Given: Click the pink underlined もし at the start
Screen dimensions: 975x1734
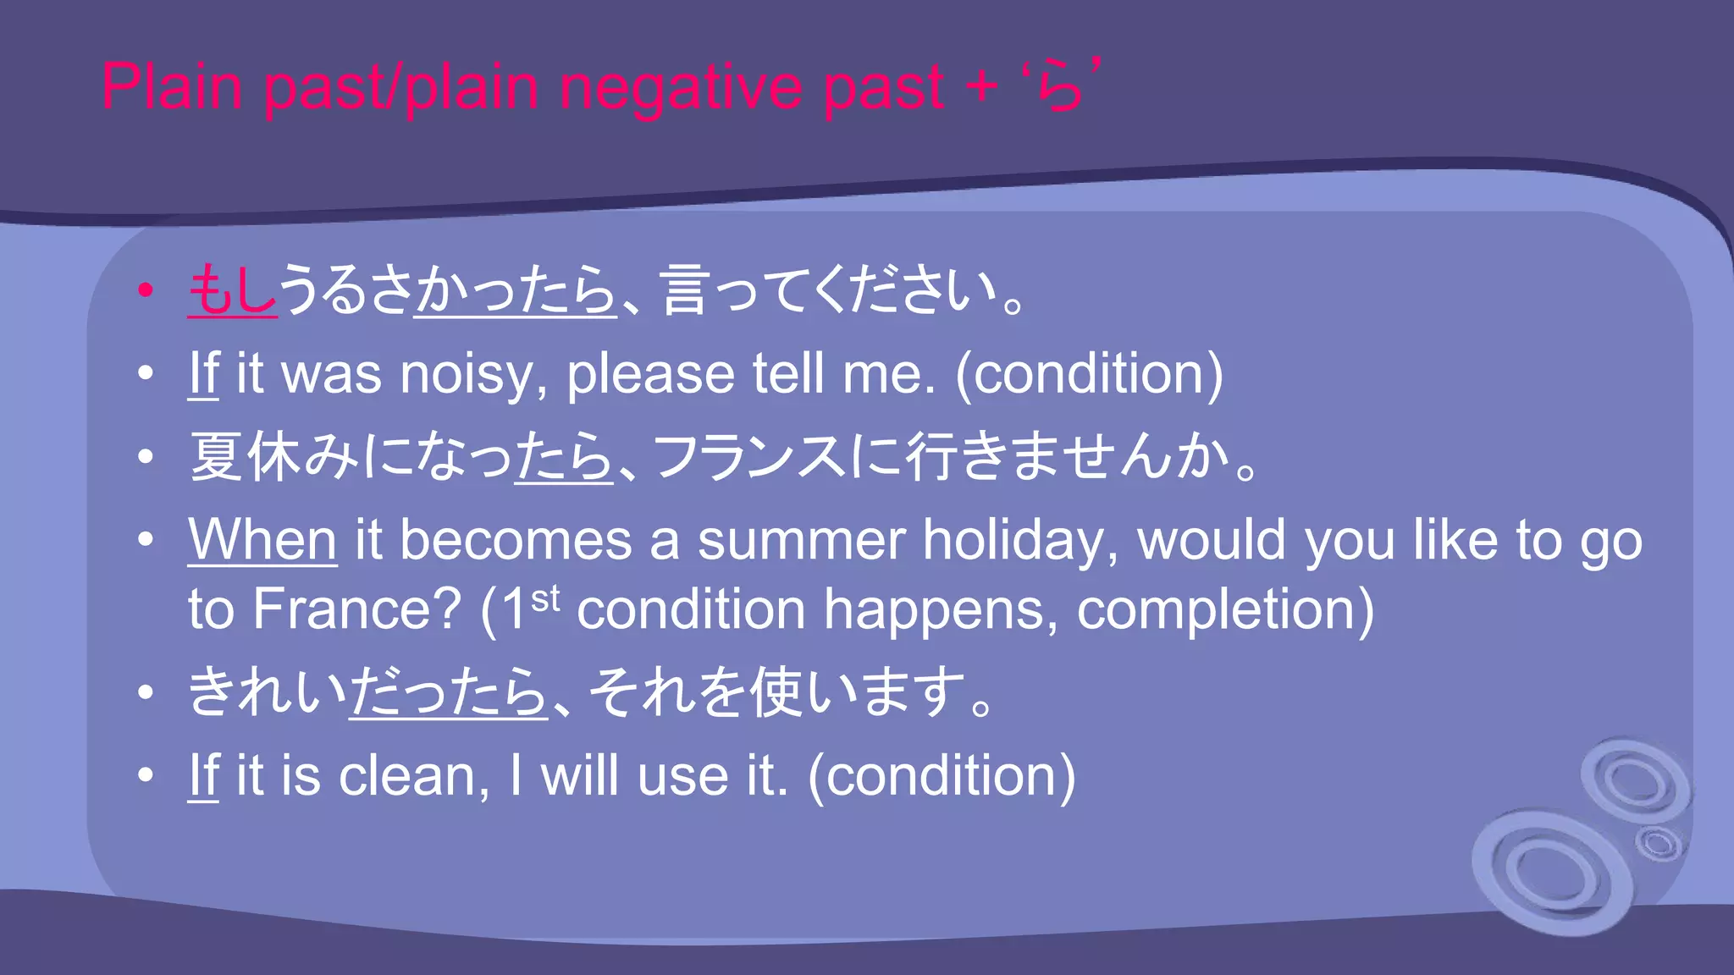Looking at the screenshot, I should pos(232,289).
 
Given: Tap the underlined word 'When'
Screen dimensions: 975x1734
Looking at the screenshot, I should pos(262,540).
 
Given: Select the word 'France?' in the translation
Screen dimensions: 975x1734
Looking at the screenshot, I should pos(356,609).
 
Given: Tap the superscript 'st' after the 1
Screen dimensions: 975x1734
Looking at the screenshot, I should pos(545,598).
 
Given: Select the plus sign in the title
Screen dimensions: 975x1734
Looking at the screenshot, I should pos(981,86).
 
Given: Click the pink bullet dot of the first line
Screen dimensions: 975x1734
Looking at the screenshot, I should pos(146,290).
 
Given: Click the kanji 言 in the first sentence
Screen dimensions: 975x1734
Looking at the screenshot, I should pos(684,289).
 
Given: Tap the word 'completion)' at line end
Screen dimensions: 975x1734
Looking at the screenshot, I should pos(1224,609).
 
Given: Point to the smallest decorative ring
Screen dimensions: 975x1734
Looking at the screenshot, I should pos(1658,843).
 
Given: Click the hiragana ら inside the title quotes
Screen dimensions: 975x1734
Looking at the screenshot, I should pos(1060,88).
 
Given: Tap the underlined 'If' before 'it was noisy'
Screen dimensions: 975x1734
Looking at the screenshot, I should pos(203,374).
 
